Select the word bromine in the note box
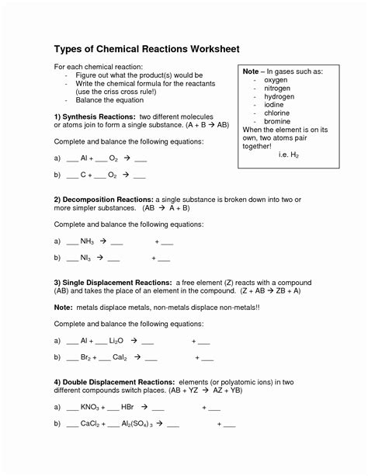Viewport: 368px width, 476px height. coord(277,120)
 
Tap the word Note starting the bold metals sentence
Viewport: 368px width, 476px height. coord(63,307)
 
